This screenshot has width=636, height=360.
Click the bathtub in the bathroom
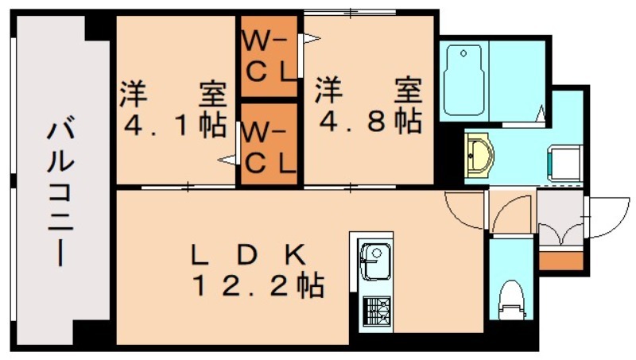pyautogui.click(x=464, y=79)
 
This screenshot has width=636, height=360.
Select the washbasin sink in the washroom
pyautogui.click(x=479, y=154)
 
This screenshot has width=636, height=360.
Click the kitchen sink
pyautogui.click(x=375, y=262)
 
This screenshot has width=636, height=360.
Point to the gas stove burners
pyautogui.click(x=376, y=311)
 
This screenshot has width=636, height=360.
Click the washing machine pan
pyautogui.click(x=564, y=164)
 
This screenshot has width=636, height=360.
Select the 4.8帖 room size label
pyautogui.click(x=370, y=121)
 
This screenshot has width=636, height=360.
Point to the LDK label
pyautogui.click(x=248, y=255)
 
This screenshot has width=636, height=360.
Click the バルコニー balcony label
pyautogui.click(x=61, y=192)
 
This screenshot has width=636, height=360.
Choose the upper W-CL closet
pyautogui.click(x=270, y=56)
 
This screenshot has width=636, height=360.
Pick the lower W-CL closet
pyautogui.click(x=270, y=144)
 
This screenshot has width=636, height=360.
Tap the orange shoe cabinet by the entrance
pyautogui.click(x=561, y=261)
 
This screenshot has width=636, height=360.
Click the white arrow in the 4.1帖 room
pyautogui.click(x=227, y=160)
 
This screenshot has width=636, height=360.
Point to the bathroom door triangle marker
pyautogui.click(x=541, y=113)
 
